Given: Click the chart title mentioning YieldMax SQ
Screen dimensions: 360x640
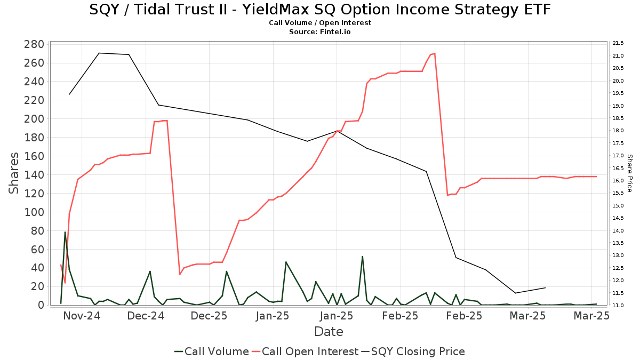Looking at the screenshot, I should coord(319,10).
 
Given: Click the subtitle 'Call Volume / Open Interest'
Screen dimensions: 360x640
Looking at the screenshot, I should coord(319,23).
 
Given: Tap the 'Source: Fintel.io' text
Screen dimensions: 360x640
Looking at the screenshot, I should coord(319,32).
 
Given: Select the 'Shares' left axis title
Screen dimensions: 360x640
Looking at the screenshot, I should coord(14,173).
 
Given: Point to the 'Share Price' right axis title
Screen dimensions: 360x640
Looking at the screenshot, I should coord(629,173).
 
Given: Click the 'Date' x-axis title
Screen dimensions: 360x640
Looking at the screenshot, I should coord(329,332).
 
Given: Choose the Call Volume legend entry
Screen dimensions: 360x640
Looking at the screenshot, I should coord(212,351).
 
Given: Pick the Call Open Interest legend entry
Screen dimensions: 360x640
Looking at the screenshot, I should coord(305,351).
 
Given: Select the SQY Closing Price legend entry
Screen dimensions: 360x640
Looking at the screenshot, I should coord(413,351).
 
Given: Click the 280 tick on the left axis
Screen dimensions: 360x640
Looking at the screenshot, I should coord(34,44).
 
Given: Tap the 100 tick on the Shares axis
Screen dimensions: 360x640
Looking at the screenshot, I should coord(34,212).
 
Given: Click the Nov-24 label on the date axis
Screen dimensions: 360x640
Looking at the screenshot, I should coord(82,316).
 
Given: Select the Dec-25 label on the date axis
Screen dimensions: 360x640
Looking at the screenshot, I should coord(209,316).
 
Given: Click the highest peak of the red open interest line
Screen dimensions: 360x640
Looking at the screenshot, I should coord(435,53).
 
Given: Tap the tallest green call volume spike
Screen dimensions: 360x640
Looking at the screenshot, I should coord(65,232).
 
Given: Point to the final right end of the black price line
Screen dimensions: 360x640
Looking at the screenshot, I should coord(545,288).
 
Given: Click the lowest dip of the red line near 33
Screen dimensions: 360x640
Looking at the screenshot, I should coord(180,274).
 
